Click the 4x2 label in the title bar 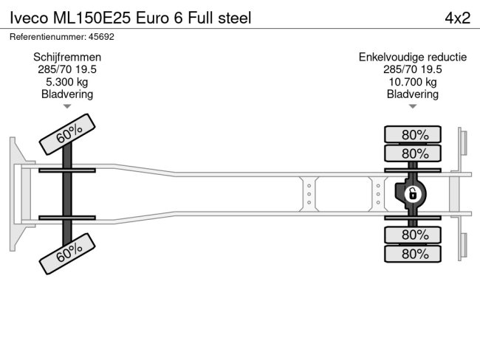[x=457, y=18]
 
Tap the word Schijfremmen [x=67, y=57]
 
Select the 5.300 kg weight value [x=67, y=82]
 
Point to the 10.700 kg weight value [x=413, y=82]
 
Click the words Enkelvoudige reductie [x=413, y=57]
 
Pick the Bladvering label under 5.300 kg [x=67, y=94]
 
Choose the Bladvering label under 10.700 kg [x=413, y=94]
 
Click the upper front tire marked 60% [x=69, y=134]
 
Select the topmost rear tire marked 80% [x=413, y=134]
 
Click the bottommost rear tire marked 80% [x=413, y=254]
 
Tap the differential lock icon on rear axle [x=413, y=194]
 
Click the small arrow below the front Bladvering [x=67, y=106]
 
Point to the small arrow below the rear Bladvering [x=413, y=106]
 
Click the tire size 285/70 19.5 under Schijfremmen [x=67, y=69]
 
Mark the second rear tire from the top [x=413, y=153]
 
